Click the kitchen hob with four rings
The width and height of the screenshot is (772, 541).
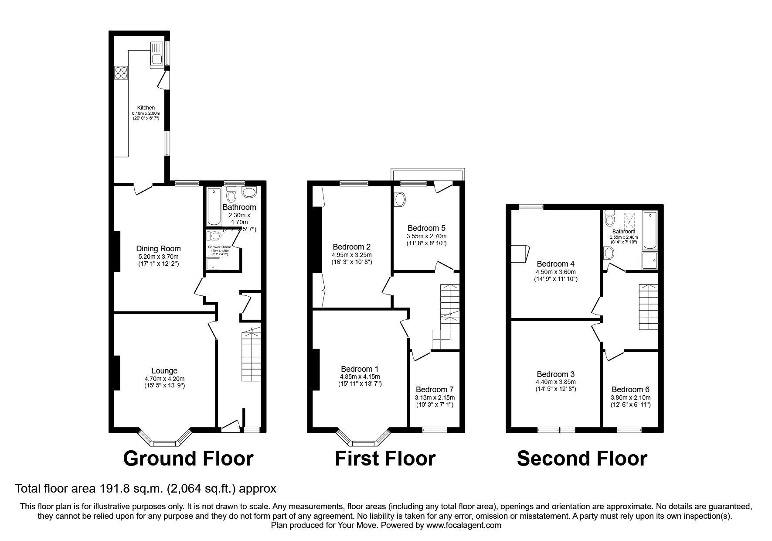coord(121,72)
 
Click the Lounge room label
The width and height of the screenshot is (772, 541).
coord(164,371)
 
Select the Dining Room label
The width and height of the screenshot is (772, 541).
coord(158,249)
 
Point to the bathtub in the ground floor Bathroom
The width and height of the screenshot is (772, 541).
coord(214,205)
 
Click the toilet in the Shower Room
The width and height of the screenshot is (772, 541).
coord(215,236)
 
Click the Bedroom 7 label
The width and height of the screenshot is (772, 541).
coord(434,389)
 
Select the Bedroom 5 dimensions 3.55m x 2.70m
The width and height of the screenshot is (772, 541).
coord(426,236)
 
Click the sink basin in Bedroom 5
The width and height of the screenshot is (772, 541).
coord(400,200)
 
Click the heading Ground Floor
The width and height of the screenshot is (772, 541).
coord(188,459)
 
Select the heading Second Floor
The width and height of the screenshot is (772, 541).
coord(582,459)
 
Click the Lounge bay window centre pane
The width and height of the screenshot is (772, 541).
coord(165,443)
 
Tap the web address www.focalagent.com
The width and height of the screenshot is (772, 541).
coord(463,525)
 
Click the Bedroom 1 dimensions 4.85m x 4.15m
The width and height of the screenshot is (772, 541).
coord(360,377)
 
